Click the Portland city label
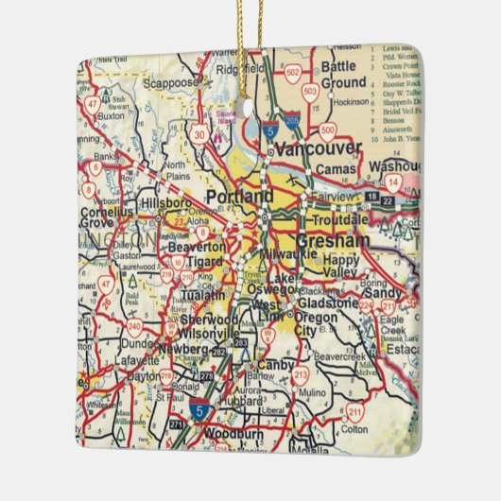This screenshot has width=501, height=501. click(x=241, y=196)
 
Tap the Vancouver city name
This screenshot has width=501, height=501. click(x=326, y=148)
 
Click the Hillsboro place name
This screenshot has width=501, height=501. click(x=165, y=201)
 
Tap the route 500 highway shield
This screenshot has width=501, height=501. click(x=328, y=131)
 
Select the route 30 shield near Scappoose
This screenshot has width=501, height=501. click(x=199, y=135)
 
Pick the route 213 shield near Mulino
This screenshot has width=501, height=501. click(x=302, y=375)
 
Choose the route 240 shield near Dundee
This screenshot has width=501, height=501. click(x=135, y=328)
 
